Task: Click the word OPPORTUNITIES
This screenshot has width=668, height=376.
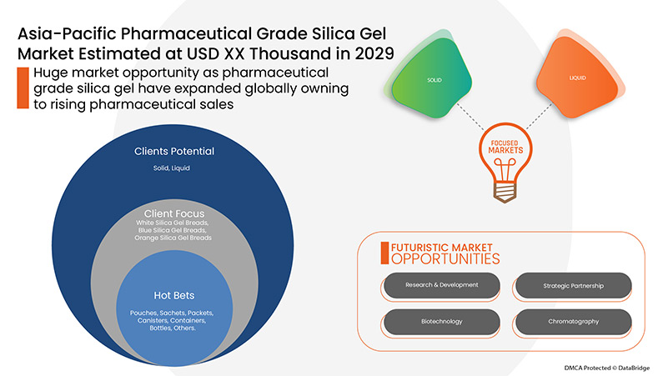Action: (439, 259)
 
